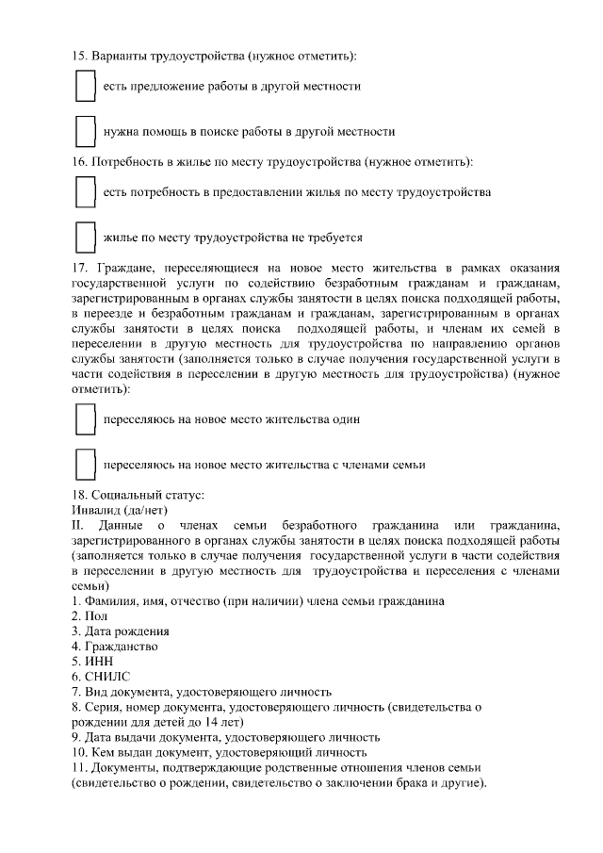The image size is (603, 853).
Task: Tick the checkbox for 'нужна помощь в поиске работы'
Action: (x=85, y=131)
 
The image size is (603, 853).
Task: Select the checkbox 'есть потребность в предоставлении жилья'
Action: (x=85, y=192)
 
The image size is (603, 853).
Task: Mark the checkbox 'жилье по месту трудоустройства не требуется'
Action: (x=85, y=237)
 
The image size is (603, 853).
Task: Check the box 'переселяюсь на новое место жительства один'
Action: (x=85, y=418)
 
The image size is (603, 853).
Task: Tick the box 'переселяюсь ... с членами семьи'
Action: (x=85, y=464)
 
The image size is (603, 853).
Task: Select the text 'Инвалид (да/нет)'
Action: (x=118, y=509)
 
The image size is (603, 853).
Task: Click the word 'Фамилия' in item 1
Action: (x=109, y=600)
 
